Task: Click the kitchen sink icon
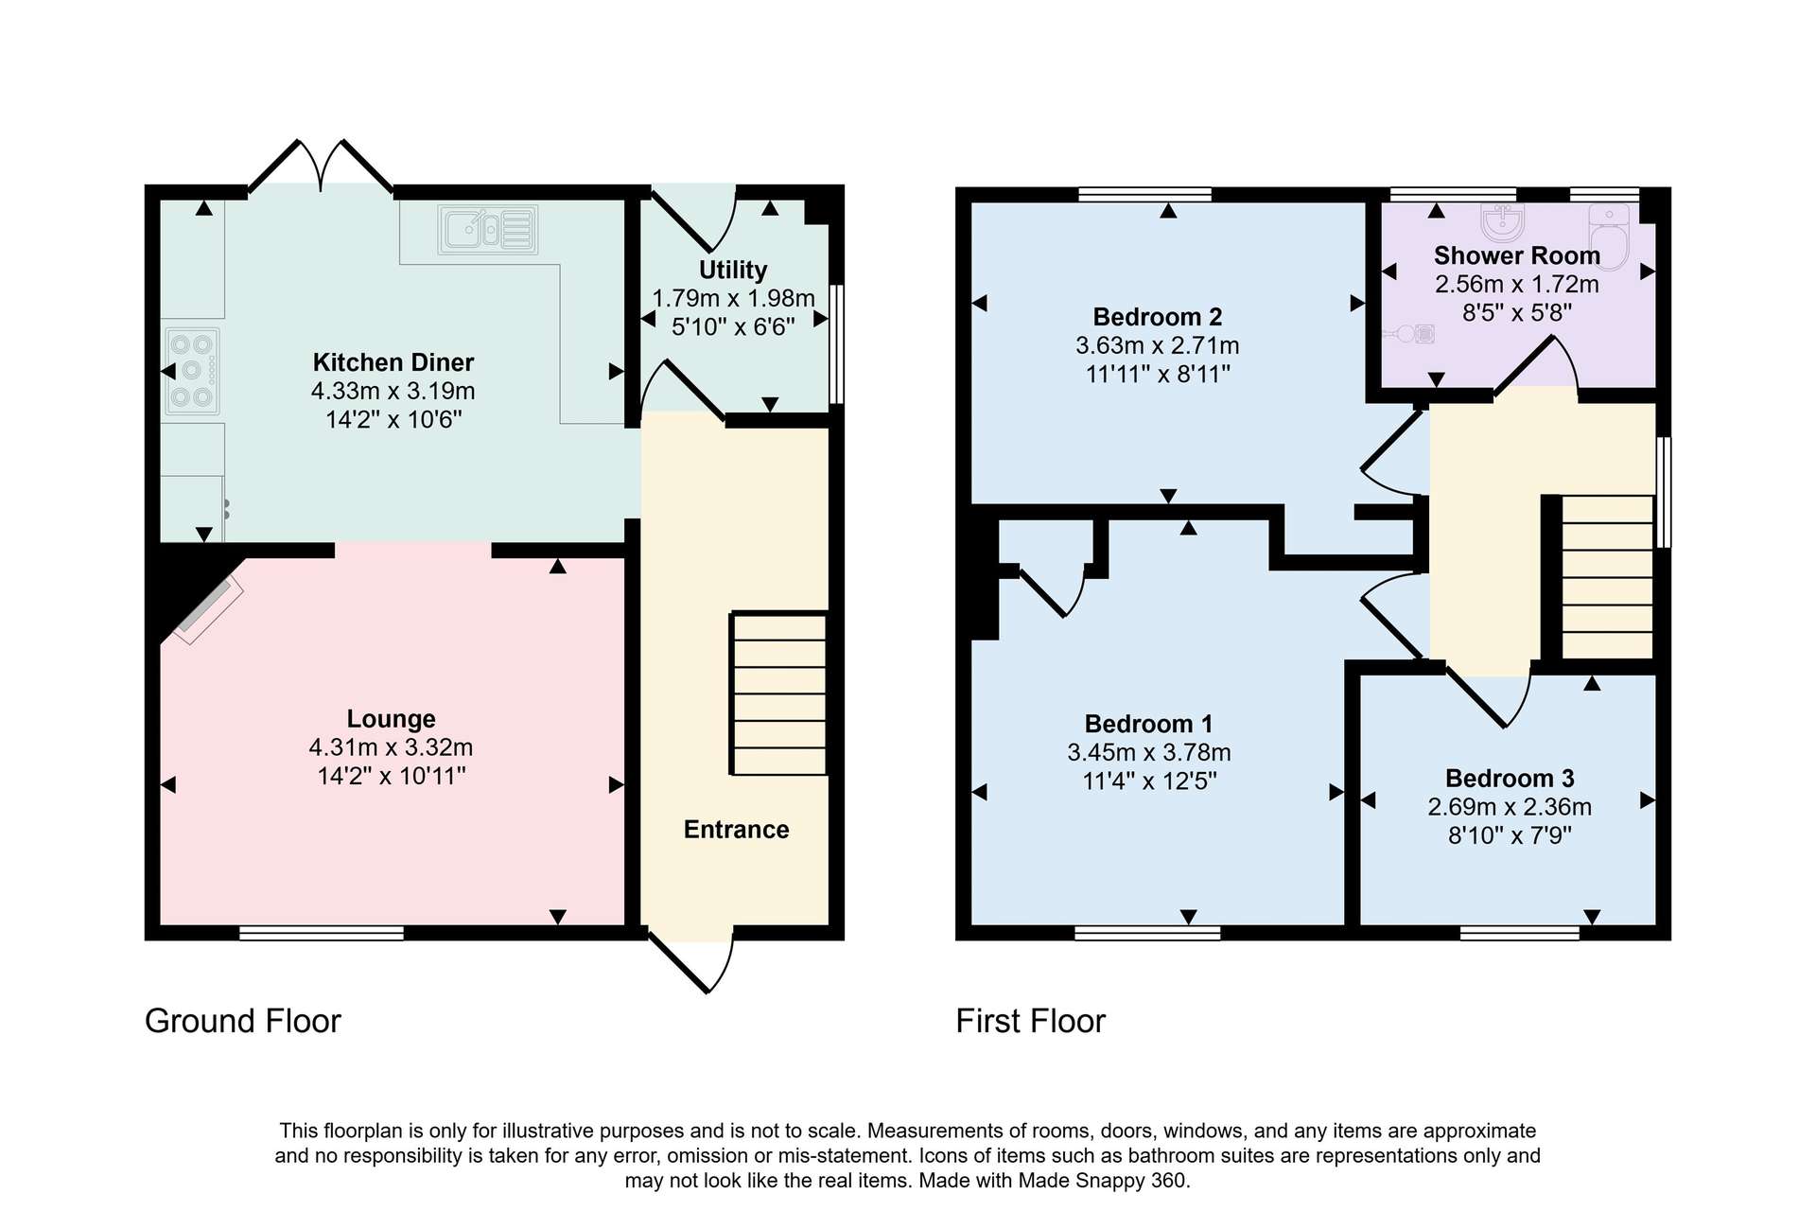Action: pyautogui.click(x=488, y=230)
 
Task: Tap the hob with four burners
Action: pyautogui.click(x=192, y=371)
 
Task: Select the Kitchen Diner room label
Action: pyautogui.click(x=393, y=362)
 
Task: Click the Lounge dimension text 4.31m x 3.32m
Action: pyautogui.click(x=391, y=747)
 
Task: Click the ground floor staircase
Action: pyautogui.click(x=778, y=694)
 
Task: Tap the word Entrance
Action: pyautogui.click(x=736, y=830)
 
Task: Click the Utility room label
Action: pyautogui.click(x=733, y=270)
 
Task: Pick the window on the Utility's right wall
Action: pyautogui.click(x=836, y=344)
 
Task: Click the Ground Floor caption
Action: pyautogui.click(x=242, y=1021)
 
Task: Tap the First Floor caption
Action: pyautogui.click(x=1030, y=1021)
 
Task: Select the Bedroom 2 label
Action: pyautogui.click(x=1158, y=317)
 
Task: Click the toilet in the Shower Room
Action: pyautogui.click(x=1610, y=237)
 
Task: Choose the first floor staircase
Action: pyautogui.click(x=1607, y=576)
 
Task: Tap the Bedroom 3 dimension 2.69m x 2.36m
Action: pyautogui.click(x=1510, y=807)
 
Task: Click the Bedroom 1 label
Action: pyautogui.click(x=1148, y=724)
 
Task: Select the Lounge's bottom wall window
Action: pyautogui.click(x=322, y=933)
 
